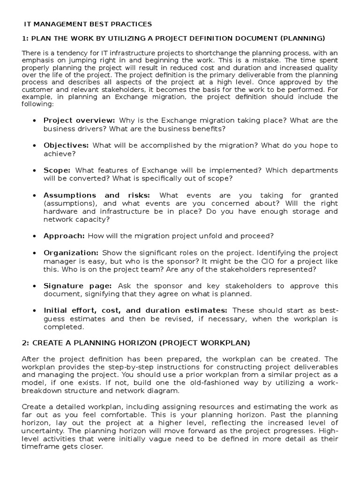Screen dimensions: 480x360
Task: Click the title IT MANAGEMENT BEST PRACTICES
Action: (88, 23)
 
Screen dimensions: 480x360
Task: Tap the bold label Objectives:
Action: (66, 145)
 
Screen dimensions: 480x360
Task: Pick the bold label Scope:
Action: (57, 170)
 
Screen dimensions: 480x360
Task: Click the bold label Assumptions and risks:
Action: (97, 195)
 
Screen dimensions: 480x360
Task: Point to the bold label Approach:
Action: (64, 235)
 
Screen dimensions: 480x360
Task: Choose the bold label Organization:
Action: (71, 253)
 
